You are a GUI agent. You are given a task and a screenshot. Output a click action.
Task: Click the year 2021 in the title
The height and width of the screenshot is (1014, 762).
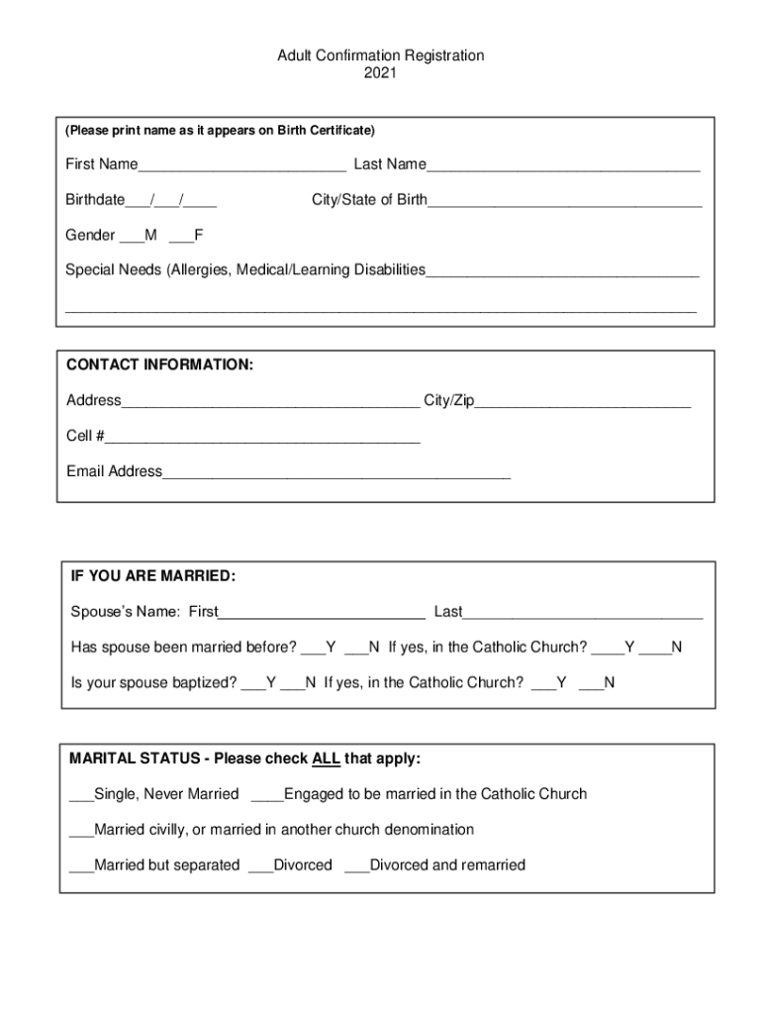click(x=380, y=73)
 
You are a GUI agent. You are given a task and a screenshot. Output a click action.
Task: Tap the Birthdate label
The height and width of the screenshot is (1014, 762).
click(x=95, y=200)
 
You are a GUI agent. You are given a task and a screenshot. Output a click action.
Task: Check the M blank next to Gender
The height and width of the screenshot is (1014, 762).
click(x=132, y=237)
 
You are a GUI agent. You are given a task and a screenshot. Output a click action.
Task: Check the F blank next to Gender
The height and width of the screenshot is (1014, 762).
click(x=181, y=237)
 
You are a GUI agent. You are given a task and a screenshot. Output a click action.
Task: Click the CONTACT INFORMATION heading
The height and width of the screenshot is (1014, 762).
click(x=159, y=365)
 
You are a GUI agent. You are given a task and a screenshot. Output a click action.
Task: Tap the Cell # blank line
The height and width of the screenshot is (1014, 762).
click(x=262, y=438)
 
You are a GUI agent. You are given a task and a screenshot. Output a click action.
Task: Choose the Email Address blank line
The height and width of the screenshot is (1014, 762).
click(x=335, y=473)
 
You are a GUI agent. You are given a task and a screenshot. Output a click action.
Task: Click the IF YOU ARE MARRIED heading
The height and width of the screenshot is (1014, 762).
click(x=153, y=576)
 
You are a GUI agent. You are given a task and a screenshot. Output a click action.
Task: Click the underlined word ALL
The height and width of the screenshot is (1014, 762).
click(x=326, y=760)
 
